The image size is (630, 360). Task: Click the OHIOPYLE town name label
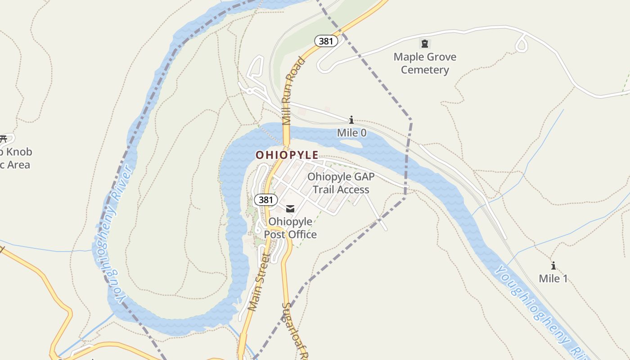point(287,155)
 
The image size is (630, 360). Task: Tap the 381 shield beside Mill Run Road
point(326,41)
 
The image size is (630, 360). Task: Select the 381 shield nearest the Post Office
point(265,199)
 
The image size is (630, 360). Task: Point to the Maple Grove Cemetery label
point(425,63)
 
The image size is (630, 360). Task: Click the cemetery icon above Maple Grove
point(424,44)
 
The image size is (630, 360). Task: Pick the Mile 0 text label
point(351,133)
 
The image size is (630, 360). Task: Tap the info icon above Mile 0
point(351,120)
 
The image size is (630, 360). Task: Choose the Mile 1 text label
point(553,279)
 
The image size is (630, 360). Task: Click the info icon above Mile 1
point(553,265)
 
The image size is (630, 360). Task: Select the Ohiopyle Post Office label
point(290,228)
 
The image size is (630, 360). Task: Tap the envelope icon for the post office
point(290,208)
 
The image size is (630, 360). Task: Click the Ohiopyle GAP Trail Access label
point(341,183)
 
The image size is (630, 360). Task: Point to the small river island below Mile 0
point(351,144)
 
